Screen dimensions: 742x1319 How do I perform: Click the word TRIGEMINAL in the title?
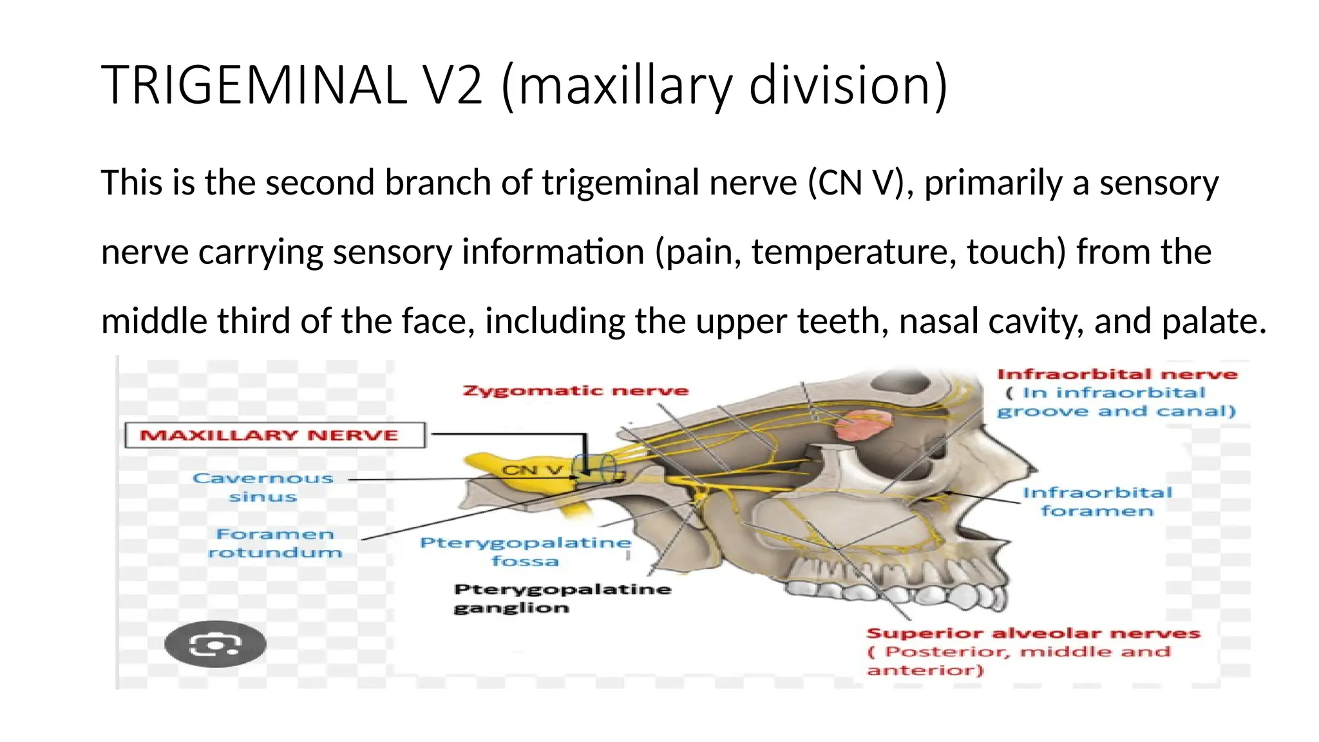pos(254,85)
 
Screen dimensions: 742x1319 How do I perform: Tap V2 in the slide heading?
pos(453,85)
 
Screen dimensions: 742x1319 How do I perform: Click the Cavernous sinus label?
pos(263,488)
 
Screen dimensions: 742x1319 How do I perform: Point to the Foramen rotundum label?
pos(275,543)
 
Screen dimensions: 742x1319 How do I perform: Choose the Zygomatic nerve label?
pos(575,390)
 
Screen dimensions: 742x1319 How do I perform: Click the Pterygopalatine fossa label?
pos(526,551)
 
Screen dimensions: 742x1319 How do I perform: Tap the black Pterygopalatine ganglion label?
pos(562,598)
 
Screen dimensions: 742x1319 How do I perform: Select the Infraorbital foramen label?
pos(1097,502)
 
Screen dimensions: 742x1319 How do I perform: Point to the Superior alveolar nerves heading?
pos(1033,634)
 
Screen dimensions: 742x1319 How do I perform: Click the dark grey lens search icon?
pos(215,643)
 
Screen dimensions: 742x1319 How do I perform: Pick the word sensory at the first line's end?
pos(1159,182)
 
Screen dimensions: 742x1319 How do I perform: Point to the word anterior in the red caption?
pos(925,671)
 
